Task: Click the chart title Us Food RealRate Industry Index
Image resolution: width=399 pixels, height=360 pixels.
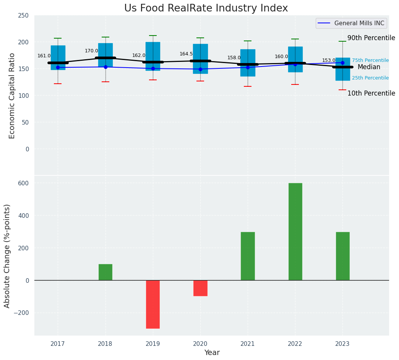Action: pyautogui.click(x=206, y=8)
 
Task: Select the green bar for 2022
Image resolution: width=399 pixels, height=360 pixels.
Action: pyautogui.click(x=295, y=232)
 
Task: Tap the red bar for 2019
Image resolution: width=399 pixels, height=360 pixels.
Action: pyautogui.click(x=153, y=304)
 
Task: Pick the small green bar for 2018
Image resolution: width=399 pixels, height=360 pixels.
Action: pyautogui.click(x=105, y=272)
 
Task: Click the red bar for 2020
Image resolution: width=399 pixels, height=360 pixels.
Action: pyautogui.click(x=200, y=288)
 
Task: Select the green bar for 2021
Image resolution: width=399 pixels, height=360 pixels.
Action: pyautogui.click(x=248, y=256)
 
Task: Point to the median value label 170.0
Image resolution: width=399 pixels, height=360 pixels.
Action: pyautogui.click(x=91, y=51)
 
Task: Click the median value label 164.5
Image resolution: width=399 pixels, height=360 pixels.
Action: pyautogui.click(x=186, y=54)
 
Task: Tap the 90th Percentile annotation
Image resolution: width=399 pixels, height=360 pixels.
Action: pyautogui.click(x=371, y=38)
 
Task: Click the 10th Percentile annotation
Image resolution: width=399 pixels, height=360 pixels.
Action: pyautogui.click(x=371, y=93)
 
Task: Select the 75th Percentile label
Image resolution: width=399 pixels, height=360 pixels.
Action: pyautogui.click(x=370, y=60)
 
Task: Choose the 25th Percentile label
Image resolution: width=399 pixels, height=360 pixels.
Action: pyautogui.click(x=370, y=78)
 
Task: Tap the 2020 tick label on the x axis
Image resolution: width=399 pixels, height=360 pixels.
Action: pyautogui.click(x=200, y=344)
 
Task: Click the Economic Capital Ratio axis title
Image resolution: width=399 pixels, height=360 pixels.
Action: pyautogui.click(x=12, y=96)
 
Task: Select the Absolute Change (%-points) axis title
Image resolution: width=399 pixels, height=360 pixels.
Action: pyautogui.click(x=7, y=256)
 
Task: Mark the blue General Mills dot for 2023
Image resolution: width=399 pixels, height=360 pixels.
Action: pyautogui.click(x=342, y=63)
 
